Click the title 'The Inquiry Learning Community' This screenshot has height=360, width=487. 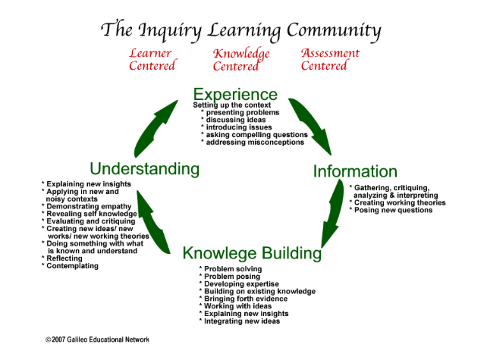(240, 30)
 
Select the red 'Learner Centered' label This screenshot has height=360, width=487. (151, 60)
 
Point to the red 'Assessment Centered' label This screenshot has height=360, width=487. (330, 59)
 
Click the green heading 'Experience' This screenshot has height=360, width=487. (235, 95)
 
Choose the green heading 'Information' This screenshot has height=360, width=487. (355, 171)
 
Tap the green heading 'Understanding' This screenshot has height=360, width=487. (144, 168)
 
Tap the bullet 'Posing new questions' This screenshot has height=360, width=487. (391, 211)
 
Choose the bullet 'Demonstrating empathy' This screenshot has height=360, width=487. (89, 206)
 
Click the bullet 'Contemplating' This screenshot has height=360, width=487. (73, 266)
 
